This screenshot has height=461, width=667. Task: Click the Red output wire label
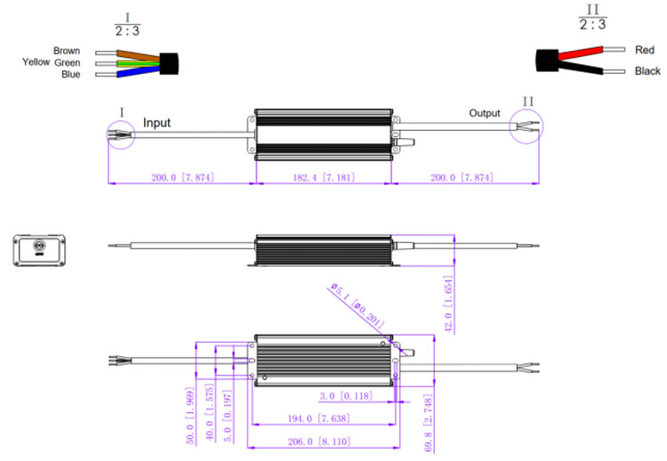[x=645, y=50]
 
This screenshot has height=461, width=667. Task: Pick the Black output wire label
[x=647, y=71]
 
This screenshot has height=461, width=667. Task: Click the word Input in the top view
[x=157, y=123]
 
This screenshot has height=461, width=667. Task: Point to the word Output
[x=485, y=113]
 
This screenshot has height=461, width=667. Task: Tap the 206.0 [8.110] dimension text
[x=322, y=441]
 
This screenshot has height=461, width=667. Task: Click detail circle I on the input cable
[x=119, y=134]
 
